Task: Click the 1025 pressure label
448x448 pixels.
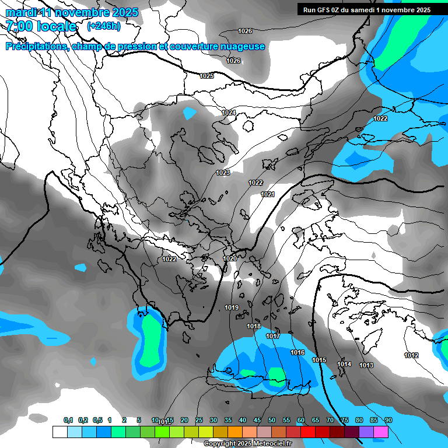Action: [206, 76]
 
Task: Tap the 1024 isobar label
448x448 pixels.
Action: [229, 113]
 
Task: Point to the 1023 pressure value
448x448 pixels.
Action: [223, 173]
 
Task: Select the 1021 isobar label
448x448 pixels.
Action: [268, 194]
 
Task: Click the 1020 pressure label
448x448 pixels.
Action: [230, 258]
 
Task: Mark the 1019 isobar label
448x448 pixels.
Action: [232, 307]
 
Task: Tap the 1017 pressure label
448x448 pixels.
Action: [273, 337]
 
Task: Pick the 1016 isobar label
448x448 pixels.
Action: [297, 353]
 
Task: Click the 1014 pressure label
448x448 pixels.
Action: [344, 365]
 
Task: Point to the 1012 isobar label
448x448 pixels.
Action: [411, 355]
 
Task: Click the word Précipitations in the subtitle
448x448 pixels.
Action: [35, 46]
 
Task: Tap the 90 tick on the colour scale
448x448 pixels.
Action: [388, 420]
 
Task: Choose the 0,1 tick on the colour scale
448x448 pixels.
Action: [68, 420]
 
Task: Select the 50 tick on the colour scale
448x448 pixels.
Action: [272, 420]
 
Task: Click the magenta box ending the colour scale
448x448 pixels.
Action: [381, 432]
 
